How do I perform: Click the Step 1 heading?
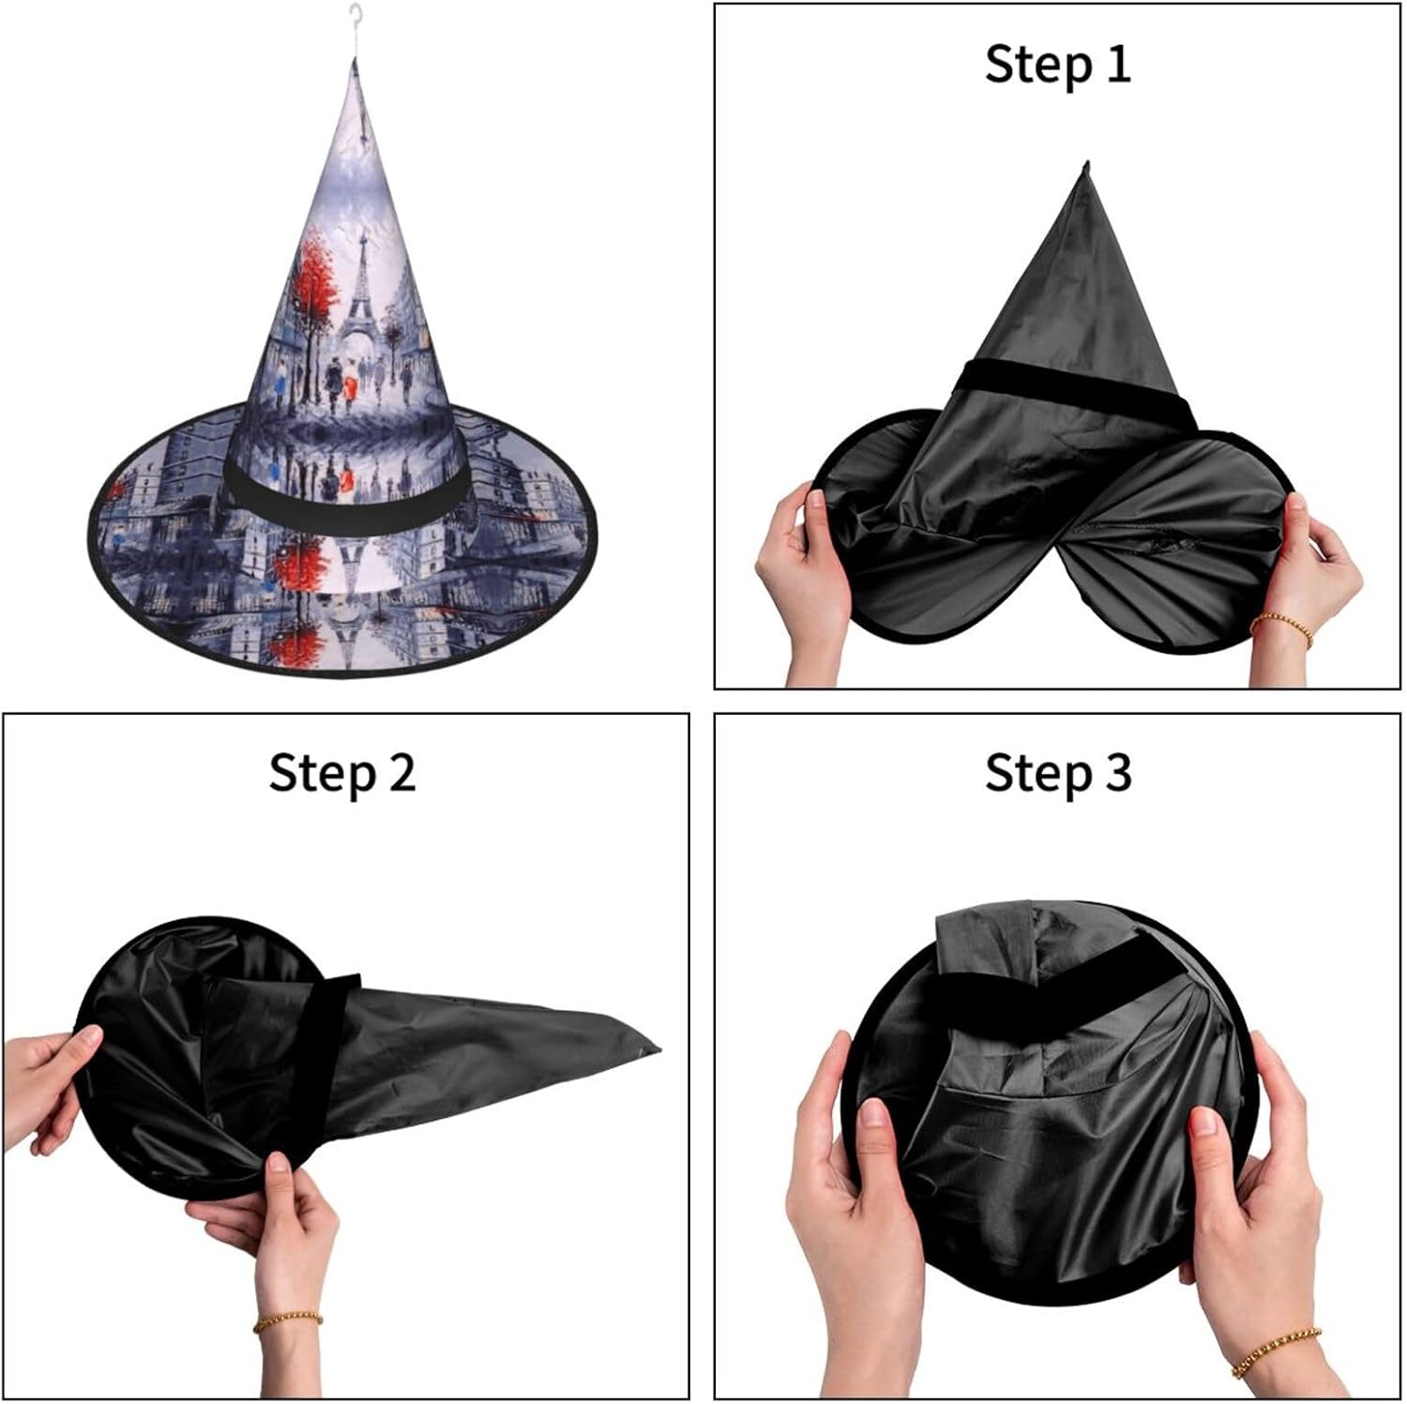[x=1058, y=65]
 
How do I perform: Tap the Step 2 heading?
[x=342, y=774]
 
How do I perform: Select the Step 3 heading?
[x=1058, y=774]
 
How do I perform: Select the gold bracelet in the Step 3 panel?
[x=1277, y=1350]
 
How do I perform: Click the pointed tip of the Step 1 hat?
[x=1087, y=162]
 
